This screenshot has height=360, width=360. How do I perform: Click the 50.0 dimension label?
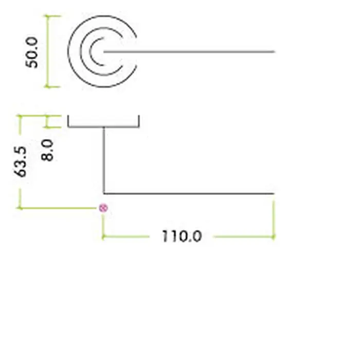[32, 52]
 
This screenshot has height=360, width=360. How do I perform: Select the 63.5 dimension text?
[20, 161]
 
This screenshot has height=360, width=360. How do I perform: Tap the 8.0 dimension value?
[47, 150]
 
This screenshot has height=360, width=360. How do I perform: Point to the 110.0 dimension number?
[182, 236]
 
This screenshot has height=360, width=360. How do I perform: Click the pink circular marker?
[103, 208]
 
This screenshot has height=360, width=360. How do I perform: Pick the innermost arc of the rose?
[97, 51]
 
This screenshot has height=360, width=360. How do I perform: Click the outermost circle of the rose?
[102, 51]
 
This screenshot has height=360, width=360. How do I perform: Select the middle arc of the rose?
[101, 51]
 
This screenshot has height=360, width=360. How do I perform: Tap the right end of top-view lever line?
[275, 51]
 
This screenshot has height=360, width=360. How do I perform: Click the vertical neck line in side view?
[104, 160]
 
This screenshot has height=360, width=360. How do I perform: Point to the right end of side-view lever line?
[274, 194]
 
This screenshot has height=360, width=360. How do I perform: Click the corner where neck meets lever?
[104, 194]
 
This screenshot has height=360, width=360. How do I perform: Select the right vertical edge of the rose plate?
[139, 121]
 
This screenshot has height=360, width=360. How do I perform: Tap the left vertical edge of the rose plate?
[68, 121]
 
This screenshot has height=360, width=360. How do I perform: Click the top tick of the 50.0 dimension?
[52, 16]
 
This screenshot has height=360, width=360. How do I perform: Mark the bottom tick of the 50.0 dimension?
[52, 87]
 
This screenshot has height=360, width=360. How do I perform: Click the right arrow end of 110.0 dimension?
[274, 237]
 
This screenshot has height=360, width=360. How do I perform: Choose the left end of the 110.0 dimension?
[103, 237]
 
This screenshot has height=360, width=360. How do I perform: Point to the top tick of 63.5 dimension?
[20, 116]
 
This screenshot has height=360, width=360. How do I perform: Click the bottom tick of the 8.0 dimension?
[53, 127]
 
